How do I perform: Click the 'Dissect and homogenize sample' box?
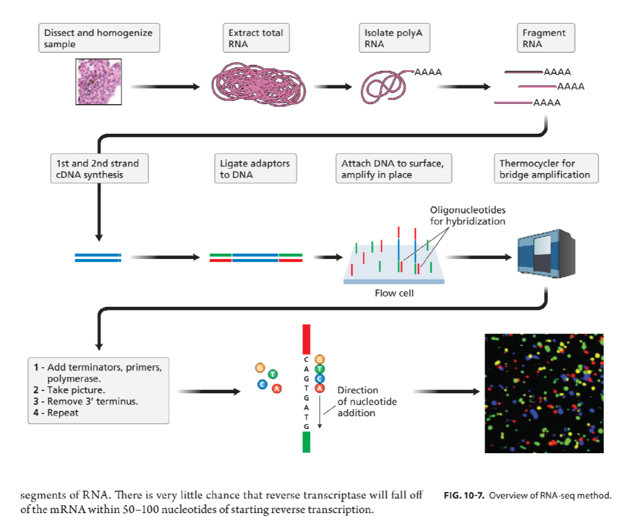pyautogui.click(x=99, y=38)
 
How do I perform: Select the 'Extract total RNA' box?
pyautogui.click(x=256, y=38)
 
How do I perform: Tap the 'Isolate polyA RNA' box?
pyautogui.click(x=394, y=38)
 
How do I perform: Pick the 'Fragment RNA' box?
pyautogui.click(x=546, y=38)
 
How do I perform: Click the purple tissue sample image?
pyautogui.click(x=99, y=82)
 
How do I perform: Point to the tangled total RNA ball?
pyautogui.click(x=259, y=84)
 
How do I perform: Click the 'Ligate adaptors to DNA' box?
pyautogui.click(x=256, y=168)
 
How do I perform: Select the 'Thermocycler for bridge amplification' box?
pyautogui.click(x=546, y=168)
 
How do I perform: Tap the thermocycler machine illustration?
pyautogui.click(x=546, y=254)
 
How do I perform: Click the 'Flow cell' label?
pyautogui.click(x=394, y=293)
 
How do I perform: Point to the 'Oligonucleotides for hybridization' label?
pyautogui.click(x=468, y=215)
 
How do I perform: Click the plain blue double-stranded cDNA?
pyautogui.click(x=98, y=258)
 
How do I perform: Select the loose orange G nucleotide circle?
pyautogui.click(x=260, y=368)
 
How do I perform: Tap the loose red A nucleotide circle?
pyautogui.click(x=277, y=388)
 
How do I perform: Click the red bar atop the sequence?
pyautogui.click(x=306, y=339)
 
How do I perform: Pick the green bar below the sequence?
pyautogui.click(x=306, y=442)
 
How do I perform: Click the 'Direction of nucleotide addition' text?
pyautogui.click(x=367, y=402)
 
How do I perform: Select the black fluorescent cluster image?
pyautogui.click(x=544, y=393)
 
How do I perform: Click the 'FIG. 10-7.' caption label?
pyautogui.click(x=464, y=496)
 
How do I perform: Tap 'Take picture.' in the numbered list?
pyautogui.click(x=76, y=390)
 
